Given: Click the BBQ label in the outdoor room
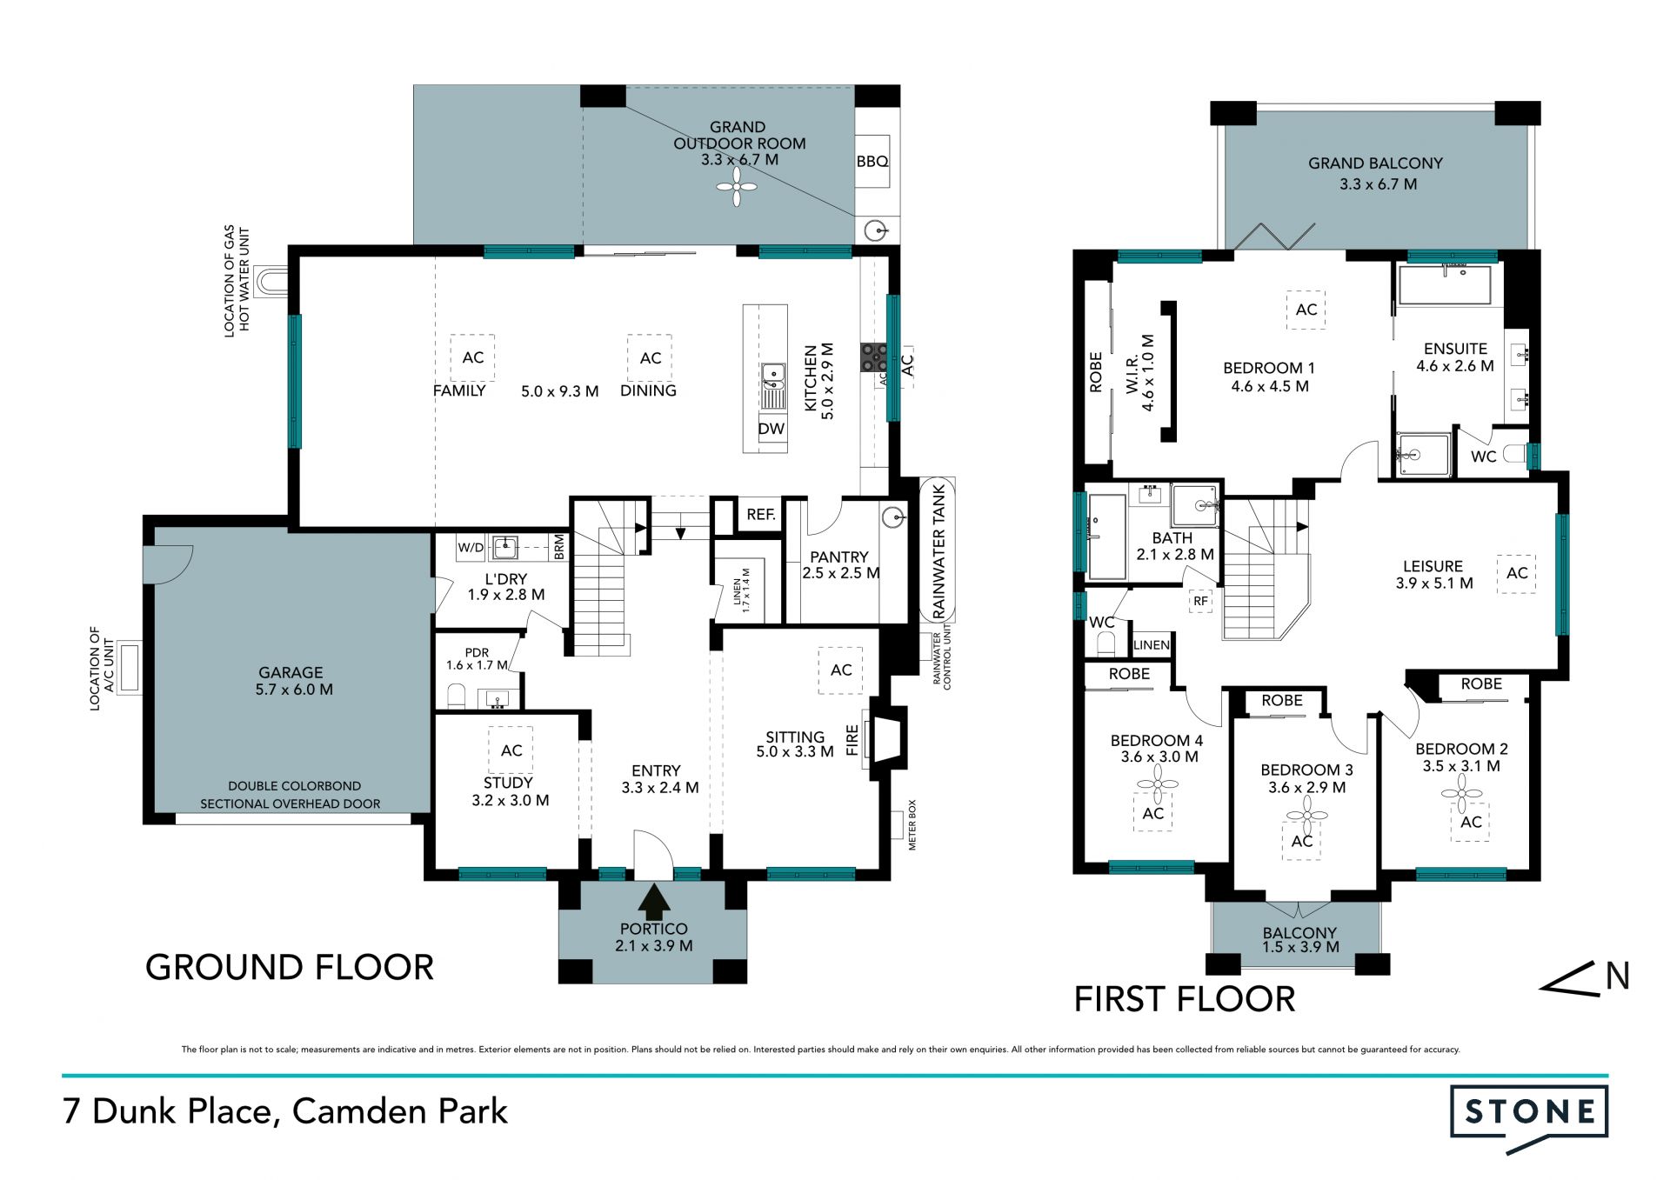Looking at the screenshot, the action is click(x=872, y=162).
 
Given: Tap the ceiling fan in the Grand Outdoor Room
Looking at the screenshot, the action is click(x=737, y=186).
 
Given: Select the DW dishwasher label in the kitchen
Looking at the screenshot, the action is click(x=771, y=429).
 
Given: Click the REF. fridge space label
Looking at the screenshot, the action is click(x=761, y=515).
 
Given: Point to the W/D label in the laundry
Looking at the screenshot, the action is click(x=471, y=548).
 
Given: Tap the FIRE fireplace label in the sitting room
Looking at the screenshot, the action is click(x=852, y=740).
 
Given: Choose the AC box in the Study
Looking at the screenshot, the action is click(x=511, y=750).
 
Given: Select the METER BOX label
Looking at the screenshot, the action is click(x=912, y=824).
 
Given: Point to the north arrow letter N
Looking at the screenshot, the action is click(x=1617, y=977).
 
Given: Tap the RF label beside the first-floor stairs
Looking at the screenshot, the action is click(x=1200, y=601).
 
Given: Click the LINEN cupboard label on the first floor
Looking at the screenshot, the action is click(x=1152, y=644).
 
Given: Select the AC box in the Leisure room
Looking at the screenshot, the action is click(x=1517, y=573).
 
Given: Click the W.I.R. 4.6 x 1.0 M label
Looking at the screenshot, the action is click(x=1140, y=373).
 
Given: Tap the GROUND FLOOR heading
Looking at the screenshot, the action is click(x=290, y=967).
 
